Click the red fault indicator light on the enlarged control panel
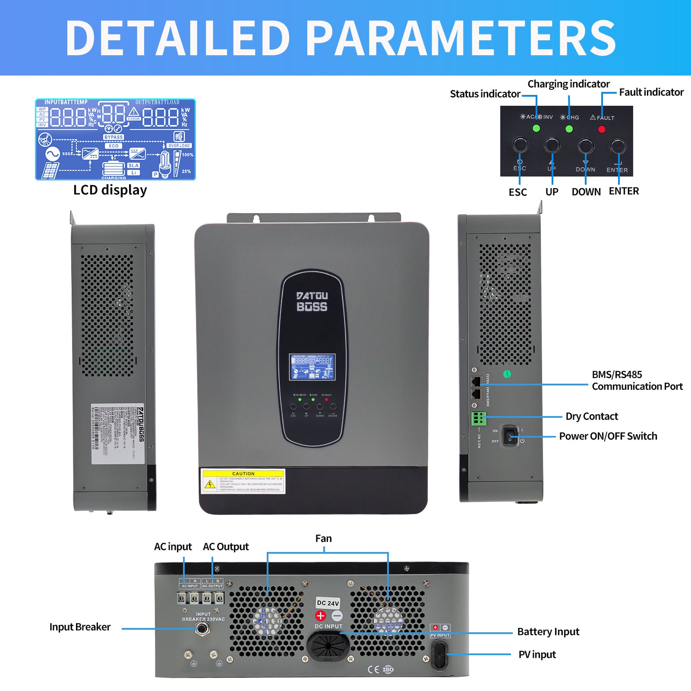602,129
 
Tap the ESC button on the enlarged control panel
520,145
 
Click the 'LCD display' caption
110,190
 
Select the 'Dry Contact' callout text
592,416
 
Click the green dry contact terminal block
479,419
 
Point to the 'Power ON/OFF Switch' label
608,436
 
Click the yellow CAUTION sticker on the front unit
243,481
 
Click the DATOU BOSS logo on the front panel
312,301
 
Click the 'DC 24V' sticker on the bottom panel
328,603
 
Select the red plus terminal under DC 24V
321,616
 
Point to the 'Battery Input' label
548,632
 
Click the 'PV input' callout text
537,655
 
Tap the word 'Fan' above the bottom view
323,539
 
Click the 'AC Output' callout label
226,547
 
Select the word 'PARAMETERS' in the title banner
463,38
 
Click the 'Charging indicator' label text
568,84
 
